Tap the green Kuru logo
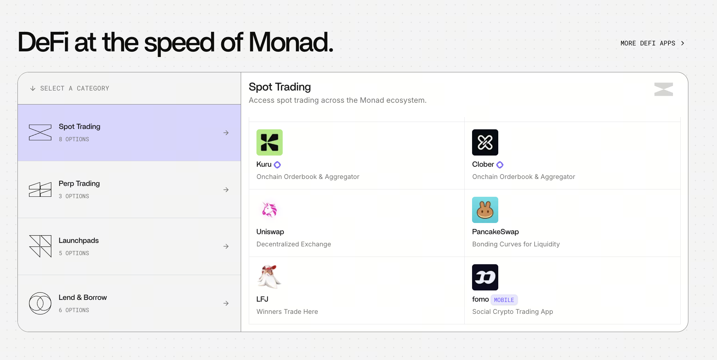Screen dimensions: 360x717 coord(269,143)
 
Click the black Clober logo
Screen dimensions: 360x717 coord(485,143)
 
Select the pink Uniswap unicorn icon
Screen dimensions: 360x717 coord(269,210)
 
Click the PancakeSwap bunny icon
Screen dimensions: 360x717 coord(485,210)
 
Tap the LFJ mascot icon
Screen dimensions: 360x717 coord(269,277)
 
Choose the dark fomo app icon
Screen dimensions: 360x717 coord(485,277)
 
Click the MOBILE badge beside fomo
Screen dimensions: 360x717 coord(504,300)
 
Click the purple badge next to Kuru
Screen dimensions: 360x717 coord(277,165)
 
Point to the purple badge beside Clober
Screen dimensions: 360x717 coord(500,165)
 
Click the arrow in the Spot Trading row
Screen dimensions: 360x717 coord(226,133)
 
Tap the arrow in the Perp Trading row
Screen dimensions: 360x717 coord(226,190)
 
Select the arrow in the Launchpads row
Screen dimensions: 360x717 coord(226,246)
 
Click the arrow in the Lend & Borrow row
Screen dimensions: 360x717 coord(226,303)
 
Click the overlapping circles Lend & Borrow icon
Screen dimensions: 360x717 coord(40,303)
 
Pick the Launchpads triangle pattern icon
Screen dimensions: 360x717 coord(40,246)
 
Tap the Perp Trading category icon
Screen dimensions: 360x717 coord(40,190)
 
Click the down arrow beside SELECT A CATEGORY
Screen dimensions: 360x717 coord(33,88)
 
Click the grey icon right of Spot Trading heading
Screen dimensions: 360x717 coord(664,89)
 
